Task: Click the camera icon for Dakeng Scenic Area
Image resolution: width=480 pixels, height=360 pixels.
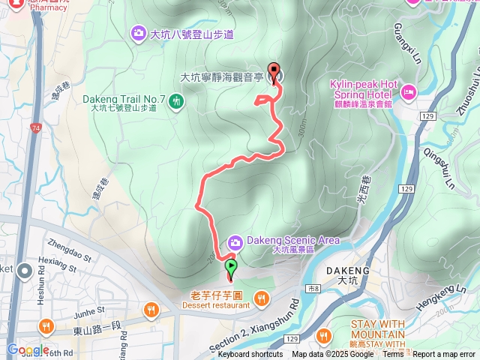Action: pos(235,241)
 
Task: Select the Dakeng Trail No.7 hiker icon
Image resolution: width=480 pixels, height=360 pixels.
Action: pos(176,100)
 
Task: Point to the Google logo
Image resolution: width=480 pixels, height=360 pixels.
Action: pos(28,349)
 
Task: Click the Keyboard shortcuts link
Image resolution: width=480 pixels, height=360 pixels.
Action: pos(250,355)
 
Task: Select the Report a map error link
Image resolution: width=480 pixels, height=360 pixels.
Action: pos(445,355)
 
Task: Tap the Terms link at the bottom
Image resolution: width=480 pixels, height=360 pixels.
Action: pos(393,355)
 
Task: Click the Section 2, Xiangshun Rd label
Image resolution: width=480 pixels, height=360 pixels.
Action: pos(256,323)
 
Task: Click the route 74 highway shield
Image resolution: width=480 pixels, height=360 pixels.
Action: pos(37,129)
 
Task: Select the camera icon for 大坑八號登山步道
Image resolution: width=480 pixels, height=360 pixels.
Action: pos(138,32)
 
